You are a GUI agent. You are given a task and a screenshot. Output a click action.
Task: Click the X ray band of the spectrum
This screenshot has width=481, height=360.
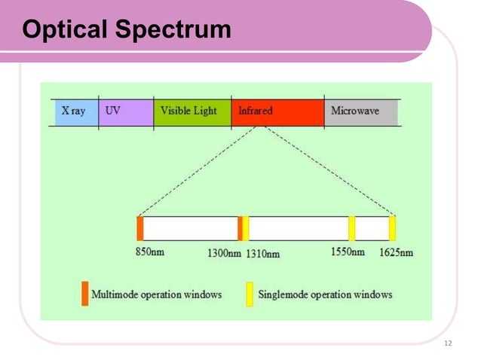point(74,111)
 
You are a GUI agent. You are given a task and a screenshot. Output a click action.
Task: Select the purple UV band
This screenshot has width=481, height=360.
point(125,111)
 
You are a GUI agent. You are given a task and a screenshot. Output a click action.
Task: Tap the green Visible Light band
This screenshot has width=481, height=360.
point(191,111)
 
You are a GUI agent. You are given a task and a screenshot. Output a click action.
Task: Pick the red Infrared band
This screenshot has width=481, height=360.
point(277,111)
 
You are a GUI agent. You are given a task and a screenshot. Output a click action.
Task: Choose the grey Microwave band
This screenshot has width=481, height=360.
point(360,111)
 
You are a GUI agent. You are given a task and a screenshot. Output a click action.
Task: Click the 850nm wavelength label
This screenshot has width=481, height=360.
point(149,252)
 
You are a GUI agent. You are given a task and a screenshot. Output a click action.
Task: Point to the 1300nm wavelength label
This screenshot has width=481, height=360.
point(224,253)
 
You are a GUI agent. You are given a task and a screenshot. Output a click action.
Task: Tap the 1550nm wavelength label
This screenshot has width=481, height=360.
point(348,252)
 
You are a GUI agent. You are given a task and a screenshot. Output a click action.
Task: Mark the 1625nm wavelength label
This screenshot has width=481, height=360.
point(396,252)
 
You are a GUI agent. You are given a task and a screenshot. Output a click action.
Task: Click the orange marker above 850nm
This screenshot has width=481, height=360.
point(139,228)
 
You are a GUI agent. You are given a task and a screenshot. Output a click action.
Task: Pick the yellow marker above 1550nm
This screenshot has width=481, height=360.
point(352,228)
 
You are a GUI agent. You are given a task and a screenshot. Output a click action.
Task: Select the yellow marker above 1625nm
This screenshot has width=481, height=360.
point(393,228)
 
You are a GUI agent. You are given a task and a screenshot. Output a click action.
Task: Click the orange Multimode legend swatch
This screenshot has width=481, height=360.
point(84,294)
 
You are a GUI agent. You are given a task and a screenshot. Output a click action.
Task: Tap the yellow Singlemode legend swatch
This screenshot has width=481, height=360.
point(250,294)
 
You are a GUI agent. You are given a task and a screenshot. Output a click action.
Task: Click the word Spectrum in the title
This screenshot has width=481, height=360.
point(173,30)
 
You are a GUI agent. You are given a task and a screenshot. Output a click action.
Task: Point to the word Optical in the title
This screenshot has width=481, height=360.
point(66,30)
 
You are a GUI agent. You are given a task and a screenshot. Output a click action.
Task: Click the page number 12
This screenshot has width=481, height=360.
point(449,343)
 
